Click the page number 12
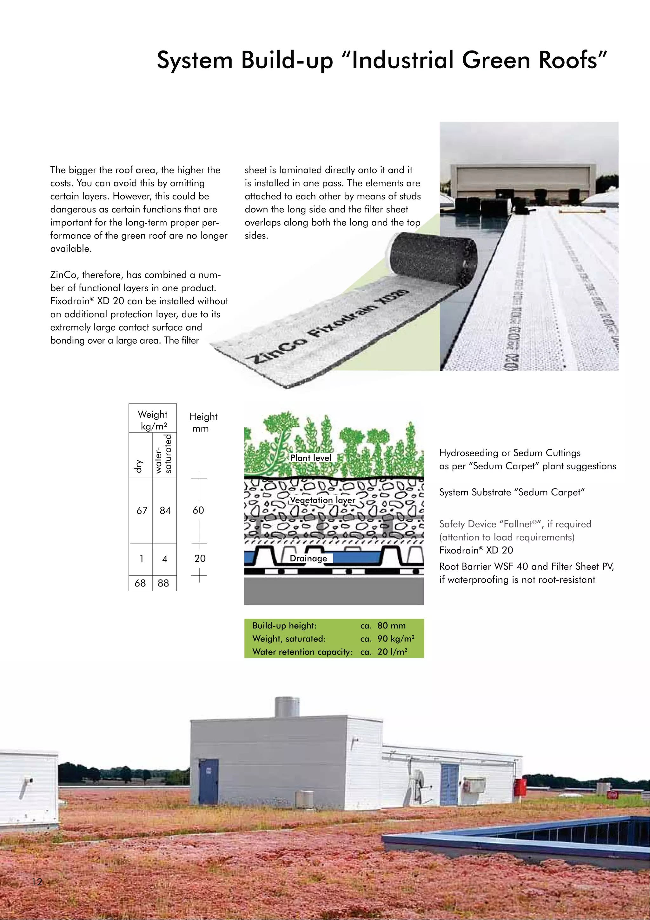pos(37,882)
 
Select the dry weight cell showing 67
pos(142,510)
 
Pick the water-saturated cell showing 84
pos(165,510)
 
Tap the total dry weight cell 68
pos(140,583)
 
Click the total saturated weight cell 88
pos(163,583)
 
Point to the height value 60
pos(198,510)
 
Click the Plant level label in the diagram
pos(311,458)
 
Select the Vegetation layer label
pos(322,500)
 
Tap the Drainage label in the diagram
pos(308,558)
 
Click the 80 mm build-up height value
pos(391,626)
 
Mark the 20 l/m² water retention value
pos(392,652)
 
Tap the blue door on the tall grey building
pos(209,781)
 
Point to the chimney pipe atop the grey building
pos(287,708)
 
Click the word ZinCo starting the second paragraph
pos(63,275)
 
